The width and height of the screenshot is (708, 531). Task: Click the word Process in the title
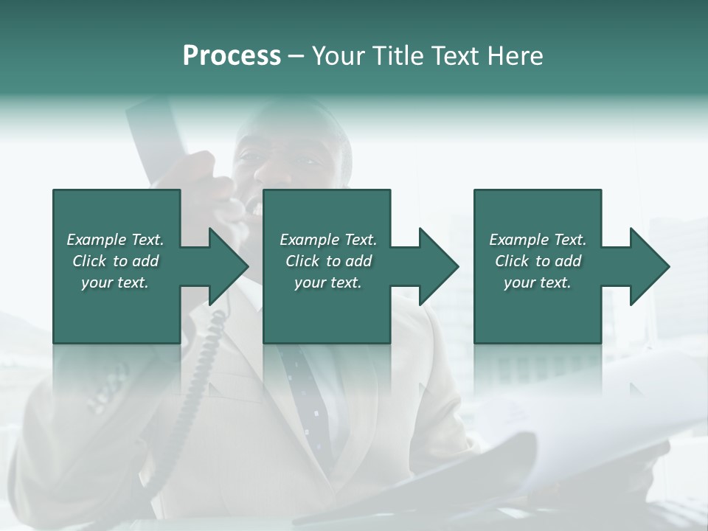pos(232,56)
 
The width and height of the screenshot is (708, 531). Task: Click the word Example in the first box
pos(97,240)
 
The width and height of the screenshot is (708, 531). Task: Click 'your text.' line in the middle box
pos(327,282)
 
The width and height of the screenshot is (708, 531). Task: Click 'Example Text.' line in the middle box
pos(327,240)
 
